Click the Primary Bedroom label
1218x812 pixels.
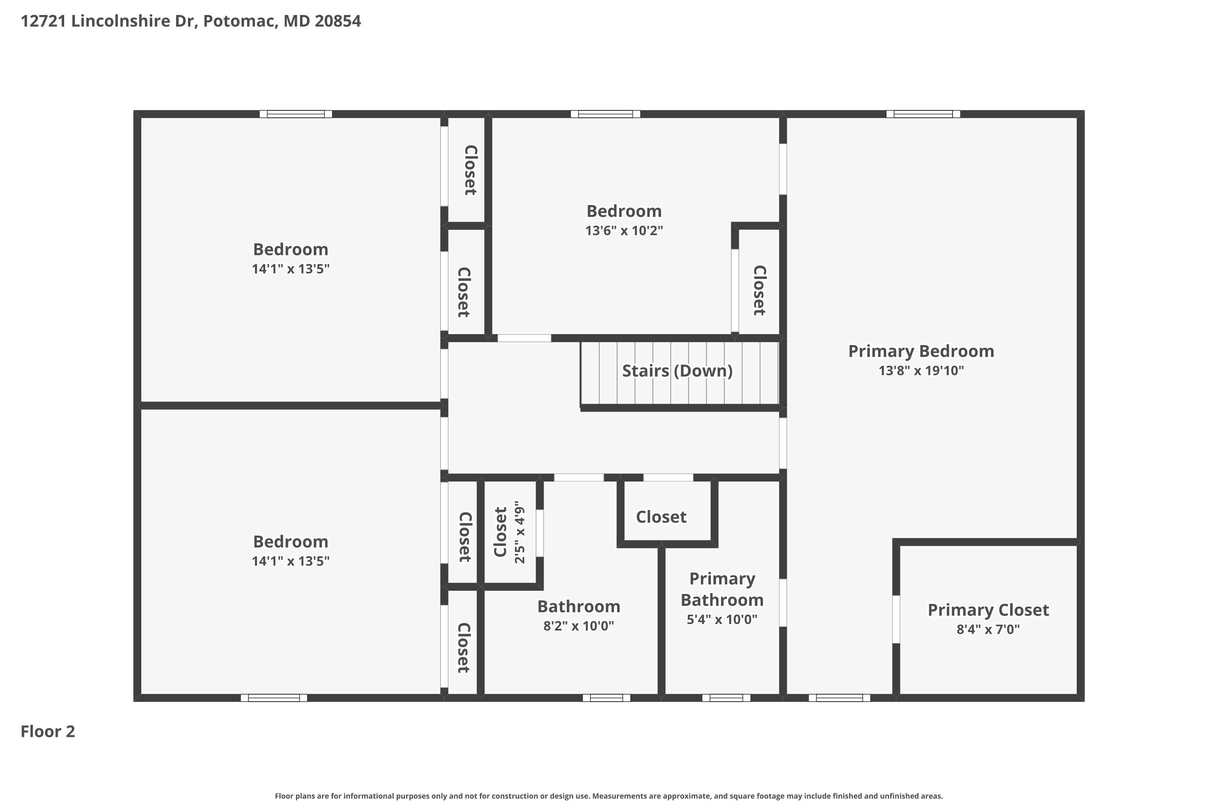921,351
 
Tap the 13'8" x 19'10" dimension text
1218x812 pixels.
921,371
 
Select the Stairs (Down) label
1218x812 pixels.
677,371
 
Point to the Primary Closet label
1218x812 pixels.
987,610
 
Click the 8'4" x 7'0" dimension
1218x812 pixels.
987,630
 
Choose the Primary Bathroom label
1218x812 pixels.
722,590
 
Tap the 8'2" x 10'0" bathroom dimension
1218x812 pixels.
579,626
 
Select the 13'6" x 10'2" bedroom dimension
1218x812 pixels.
624,231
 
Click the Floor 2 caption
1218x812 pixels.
48,732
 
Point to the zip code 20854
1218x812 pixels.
338,21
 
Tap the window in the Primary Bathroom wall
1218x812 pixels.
726,698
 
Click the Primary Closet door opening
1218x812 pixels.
896,620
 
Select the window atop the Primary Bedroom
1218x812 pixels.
923,114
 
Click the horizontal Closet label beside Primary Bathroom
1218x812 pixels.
661,517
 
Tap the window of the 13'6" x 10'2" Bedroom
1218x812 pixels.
605,114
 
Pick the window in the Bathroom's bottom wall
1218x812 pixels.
607,698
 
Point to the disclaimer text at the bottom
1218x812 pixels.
609,796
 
